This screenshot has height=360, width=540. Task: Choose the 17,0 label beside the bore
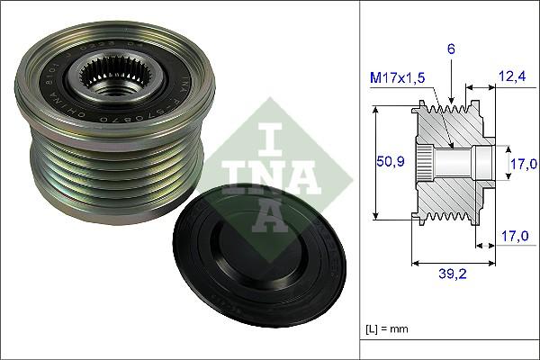pyautogui.click(x=524, y=163)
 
